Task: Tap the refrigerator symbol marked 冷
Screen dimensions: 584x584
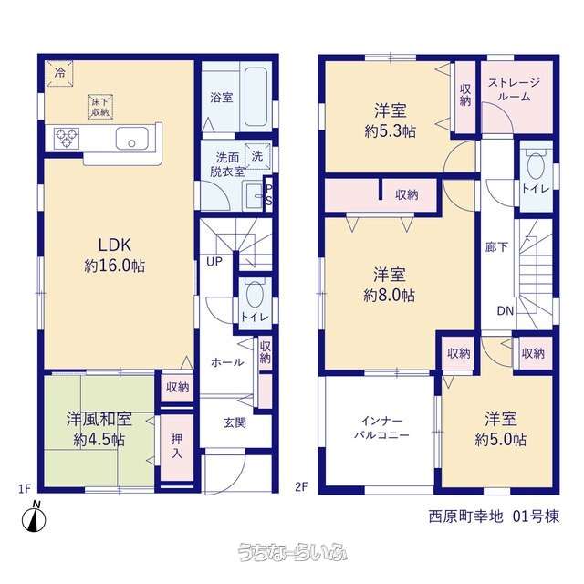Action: pos(59,73)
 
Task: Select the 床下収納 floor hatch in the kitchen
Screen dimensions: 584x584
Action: pos(100,107)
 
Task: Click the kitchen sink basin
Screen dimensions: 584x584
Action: pos(131,139)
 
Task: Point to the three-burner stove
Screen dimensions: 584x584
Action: pos(67,138)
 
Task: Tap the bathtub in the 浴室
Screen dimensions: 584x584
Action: pos(255,97)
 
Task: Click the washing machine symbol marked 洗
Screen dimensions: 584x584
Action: pos(256,156)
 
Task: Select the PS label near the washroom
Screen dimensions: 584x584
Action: pos(268,195)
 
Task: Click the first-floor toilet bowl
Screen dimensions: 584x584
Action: pos(255,294)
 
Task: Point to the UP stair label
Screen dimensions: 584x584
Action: pos(214,262)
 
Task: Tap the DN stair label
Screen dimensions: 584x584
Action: pos(506,310)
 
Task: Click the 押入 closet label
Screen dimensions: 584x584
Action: pos(177,446)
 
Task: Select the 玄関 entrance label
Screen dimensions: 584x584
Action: pos(235,422)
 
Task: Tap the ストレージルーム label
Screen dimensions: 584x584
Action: pos(514,89)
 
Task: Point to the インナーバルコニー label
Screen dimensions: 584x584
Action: pos(381,428)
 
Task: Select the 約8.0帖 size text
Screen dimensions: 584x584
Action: pos(390,296)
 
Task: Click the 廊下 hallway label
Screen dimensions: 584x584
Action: pos(496,246)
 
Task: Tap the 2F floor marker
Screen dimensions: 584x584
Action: pos(301,486)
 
